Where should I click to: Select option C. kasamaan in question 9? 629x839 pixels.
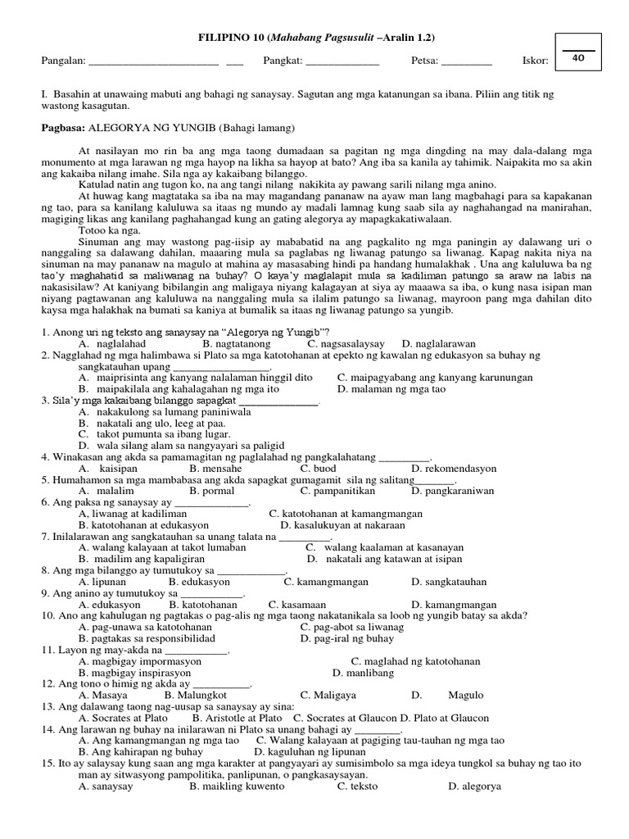[308, 604]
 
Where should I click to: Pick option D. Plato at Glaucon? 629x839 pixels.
[457, 718]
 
